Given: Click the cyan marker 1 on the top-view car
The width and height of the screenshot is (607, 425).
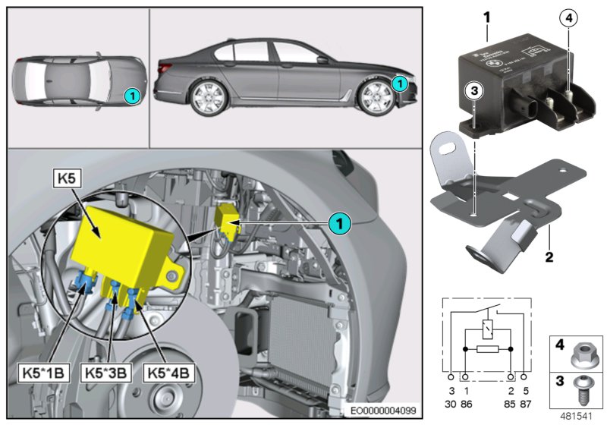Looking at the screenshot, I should click(131, 96).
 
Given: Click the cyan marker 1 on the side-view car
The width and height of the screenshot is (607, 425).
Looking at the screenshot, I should click(400, 82).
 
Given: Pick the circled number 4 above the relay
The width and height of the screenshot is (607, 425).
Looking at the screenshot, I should click(570, 17).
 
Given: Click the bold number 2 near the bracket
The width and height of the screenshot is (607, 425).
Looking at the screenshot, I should click(547, 257).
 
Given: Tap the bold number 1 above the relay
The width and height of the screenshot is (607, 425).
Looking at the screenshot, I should click(486, 14).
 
